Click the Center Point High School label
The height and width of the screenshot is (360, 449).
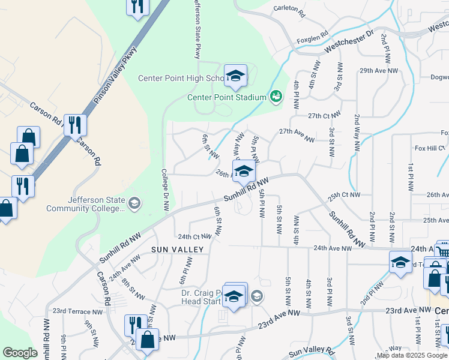181,78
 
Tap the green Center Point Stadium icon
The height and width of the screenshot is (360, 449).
276,96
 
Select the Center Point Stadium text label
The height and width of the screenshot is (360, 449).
226,97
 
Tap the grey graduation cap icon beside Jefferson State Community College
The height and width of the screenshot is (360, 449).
134,203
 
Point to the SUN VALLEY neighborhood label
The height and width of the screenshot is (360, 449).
178,249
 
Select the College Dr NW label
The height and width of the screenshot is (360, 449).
165,189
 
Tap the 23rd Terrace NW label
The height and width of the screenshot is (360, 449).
77,311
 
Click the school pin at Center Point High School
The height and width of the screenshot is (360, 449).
235,76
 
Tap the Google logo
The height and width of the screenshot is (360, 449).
20,353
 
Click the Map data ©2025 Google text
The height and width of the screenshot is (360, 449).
411,355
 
